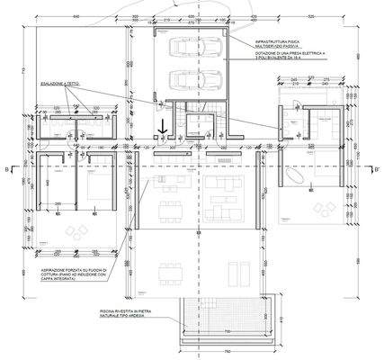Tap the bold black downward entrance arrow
[x=163, y=130]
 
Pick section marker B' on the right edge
[x=377, y=168]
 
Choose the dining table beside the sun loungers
[x=167, y=270]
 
